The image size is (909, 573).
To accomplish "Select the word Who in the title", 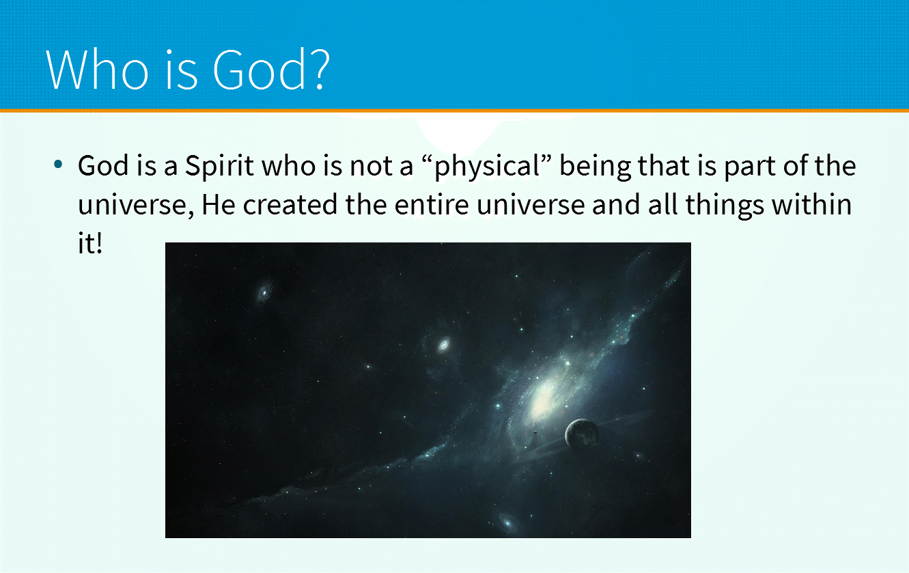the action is (x=98, y=69).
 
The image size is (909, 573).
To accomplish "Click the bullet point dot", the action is (x=58, y=165).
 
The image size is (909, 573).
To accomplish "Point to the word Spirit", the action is (x=219, y=167).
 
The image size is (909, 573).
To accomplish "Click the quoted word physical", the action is (x=487, y=167).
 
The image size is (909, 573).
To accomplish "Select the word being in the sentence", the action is (x=595, y=167).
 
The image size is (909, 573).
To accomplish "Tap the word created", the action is (x=290, y=204).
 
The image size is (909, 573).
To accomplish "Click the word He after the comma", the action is (x=219, y=204).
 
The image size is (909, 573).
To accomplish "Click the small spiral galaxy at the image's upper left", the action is (x=264, y=292).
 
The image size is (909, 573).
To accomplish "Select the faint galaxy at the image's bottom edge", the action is (x=507, y=522).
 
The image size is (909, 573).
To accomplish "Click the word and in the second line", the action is (x=615, y=204).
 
